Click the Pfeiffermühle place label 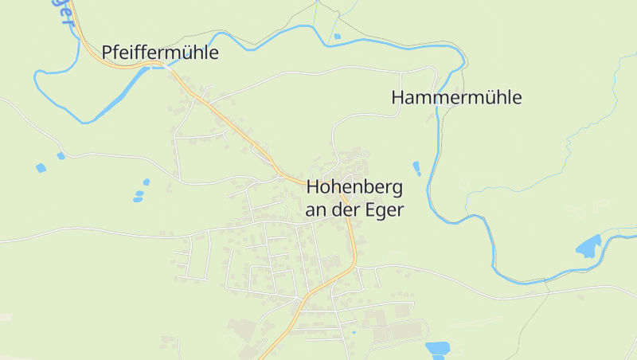coord(159,53)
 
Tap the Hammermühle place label coord(456,98)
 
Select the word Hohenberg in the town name coord(354,188)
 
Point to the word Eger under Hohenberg coord(388,210)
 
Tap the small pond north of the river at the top coord(337,36)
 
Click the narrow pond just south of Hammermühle coord(416,168)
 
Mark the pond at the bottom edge coord(437,348)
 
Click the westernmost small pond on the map coord(41,168)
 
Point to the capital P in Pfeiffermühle coord(107,53)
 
